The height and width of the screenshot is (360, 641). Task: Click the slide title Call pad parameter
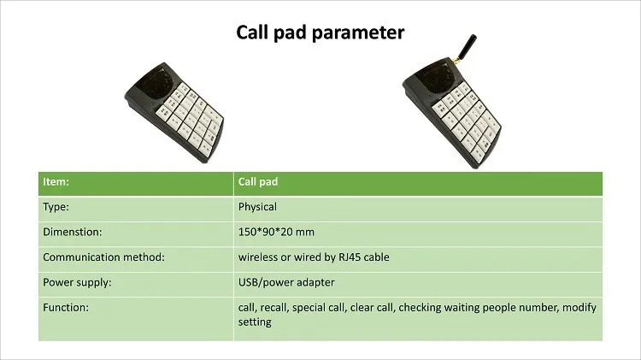pos(320,32)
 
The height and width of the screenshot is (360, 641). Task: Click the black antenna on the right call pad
pos(467,47)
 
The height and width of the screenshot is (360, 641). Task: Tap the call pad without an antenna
pos(174,112)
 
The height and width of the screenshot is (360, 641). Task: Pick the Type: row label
pos(56,207)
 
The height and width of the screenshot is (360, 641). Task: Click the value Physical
pos(257,207)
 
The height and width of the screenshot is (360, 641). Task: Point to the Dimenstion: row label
pos(73,232)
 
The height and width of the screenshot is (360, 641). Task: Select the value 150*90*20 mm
pos(276,232)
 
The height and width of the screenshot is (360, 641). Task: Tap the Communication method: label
pos(103,257)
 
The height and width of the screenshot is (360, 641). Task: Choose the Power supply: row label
pos(77,282)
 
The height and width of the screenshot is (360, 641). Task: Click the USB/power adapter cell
pos(286,282)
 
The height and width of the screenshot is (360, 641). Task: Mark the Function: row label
pos(66,307)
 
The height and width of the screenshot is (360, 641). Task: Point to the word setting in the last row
pos(255,322)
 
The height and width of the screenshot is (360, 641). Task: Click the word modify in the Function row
pos(579,308)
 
